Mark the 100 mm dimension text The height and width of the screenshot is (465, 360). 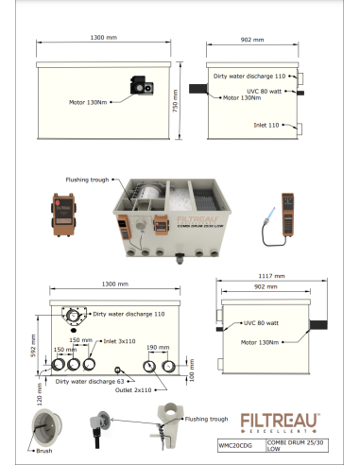click(193, 376)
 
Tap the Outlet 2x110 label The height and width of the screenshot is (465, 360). click(138, 388)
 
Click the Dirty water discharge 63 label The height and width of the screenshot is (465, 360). click(84, 381)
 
